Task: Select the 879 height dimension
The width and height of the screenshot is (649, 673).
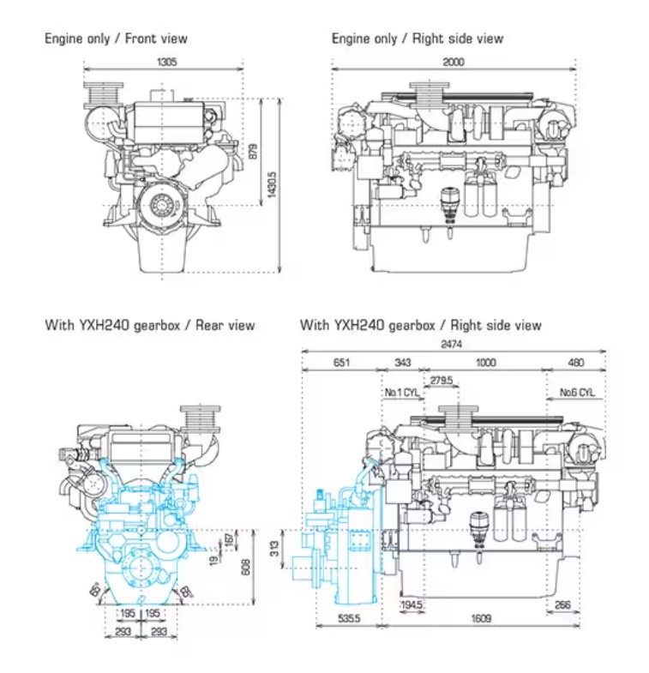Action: pos(253,152)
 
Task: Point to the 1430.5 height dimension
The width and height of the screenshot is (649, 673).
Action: pos(273,183)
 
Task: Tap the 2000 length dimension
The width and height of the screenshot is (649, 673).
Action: pos(454,62)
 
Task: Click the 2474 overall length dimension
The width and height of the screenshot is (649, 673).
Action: pos(453,345)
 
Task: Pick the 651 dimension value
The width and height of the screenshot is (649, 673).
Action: pos(340,363)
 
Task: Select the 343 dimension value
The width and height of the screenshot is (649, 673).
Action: pos(401,363)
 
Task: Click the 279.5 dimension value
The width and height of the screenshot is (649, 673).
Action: pos(442,380)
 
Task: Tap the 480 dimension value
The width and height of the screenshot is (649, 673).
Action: pos(577,363)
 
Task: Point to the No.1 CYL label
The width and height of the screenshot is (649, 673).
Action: pos(401,393)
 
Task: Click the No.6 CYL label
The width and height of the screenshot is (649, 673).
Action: pos(577,393)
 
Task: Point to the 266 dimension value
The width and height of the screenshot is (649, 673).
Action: pos(562,604)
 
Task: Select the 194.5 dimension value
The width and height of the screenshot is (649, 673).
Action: pos(412,604)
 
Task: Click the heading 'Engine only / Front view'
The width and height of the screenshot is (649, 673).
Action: pos(116,39)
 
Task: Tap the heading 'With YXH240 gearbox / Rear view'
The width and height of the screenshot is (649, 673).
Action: pos(150,326)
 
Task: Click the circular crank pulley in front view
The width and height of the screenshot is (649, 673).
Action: pos(160,206)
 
